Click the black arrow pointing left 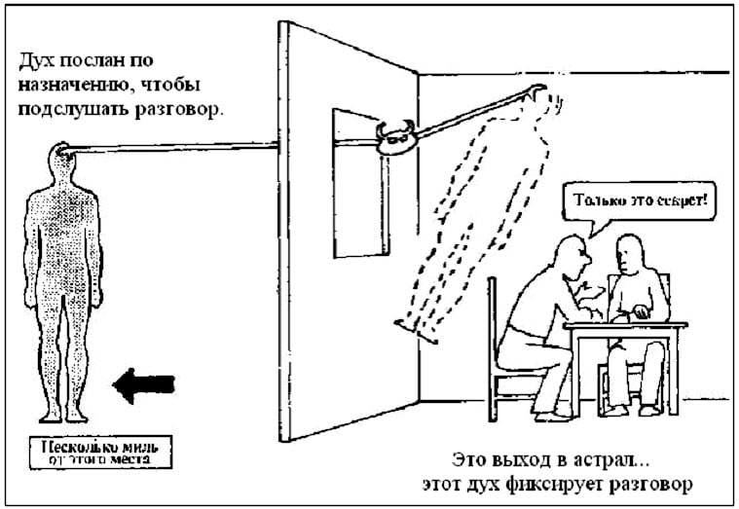point(143,384)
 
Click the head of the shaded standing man point(60,160)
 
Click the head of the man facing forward point(634,253)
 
